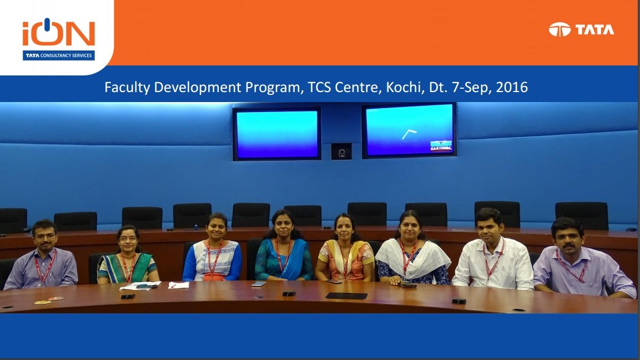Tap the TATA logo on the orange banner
tap(581, 29)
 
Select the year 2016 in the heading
tap(512, 87)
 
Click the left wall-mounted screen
tap(277, 134)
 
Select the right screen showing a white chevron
tap(409, 130)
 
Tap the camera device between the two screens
tap(341, 151)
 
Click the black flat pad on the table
tap(346, 296)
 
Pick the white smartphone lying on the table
tap(259, 284)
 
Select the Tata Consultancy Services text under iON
tap(58, 55)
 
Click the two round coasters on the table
tap(49, 301)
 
